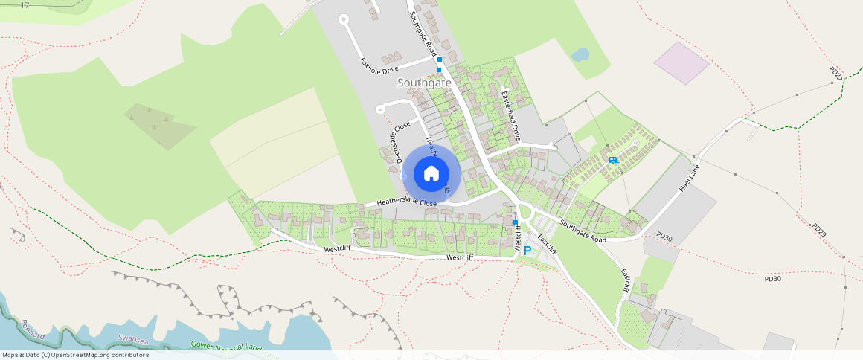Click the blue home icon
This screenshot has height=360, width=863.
point(431,173)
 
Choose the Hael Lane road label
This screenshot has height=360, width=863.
point(690,179)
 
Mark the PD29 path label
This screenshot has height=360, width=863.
point(819,230)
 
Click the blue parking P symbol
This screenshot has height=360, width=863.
point(527,251)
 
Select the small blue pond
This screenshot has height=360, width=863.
point(580,54)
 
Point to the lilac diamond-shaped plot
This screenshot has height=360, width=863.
point(681,62)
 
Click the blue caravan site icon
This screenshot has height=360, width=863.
point(612,160)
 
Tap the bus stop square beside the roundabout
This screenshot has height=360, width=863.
point(515,222)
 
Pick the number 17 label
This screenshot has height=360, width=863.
point(25,5)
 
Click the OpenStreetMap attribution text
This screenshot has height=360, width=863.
point(75,355)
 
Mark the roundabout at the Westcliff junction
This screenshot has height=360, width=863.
point(527,213)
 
